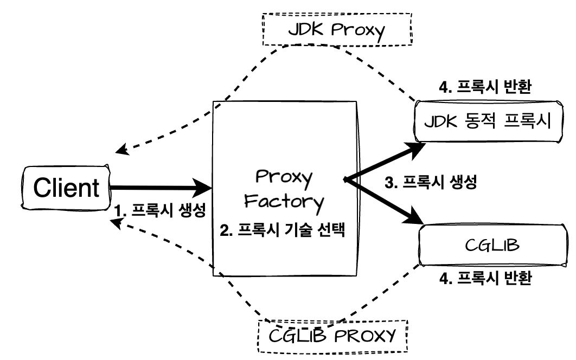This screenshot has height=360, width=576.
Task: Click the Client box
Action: (x=66, y=188)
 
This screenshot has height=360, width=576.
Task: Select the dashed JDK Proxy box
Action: (x=338, y=30)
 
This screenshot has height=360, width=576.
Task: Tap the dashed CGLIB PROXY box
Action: (x=332, y=333)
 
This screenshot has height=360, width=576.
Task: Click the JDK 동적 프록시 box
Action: (x=487, y=123)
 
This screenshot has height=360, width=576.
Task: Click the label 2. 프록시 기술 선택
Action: (x=283, y=232)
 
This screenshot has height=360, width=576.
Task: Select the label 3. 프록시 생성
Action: (x=430, y=183)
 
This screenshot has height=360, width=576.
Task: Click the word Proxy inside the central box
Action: (x=284, y=178)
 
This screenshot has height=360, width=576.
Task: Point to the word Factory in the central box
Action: (x=284, y=202)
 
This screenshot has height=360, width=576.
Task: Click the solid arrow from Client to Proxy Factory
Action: (x=160, y=189)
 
